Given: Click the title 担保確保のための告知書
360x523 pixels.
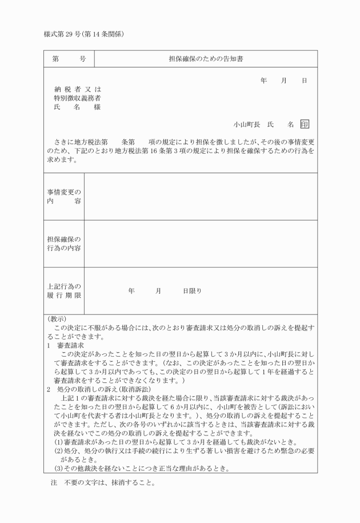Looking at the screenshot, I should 206,59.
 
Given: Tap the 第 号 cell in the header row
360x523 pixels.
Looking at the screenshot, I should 69,59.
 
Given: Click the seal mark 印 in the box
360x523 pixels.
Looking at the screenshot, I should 305,124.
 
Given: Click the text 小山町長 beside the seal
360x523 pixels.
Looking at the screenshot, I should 246,124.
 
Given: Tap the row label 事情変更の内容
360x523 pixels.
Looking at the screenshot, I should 63,197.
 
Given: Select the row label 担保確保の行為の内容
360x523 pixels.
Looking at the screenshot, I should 63,243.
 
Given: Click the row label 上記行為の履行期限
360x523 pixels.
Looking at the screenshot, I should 63,290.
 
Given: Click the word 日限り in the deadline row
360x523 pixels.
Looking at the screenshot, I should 192,291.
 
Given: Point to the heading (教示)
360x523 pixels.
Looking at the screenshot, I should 57,319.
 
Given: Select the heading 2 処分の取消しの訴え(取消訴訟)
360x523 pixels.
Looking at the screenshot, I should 98,388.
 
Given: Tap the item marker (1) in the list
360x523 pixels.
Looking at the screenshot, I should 58,441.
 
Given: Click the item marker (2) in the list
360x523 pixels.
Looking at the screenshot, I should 58,451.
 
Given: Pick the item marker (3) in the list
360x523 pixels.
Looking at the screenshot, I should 58,469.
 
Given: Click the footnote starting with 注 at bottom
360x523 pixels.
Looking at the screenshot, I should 103,482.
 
